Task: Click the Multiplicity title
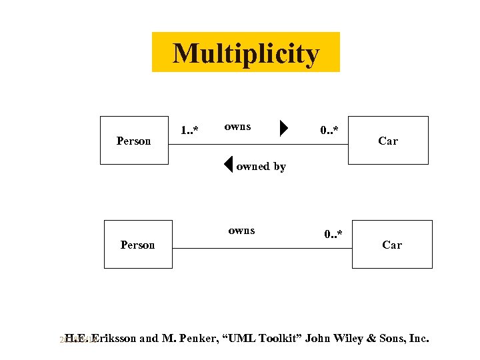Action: coord(246,53)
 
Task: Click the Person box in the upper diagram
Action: coord(134,140)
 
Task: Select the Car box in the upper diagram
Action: coord(388,140)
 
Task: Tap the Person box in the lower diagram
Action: coord(138,244)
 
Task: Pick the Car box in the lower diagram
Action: coord(392,244)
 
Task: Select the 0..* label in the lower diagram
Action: coord(333,234)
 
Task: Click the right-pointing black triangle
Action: coord(284,127)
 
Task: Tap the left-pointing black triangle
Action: coord(228,164)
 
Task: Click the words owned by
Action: coord(261,167)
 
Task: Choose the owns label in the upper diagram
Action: coord(237,126)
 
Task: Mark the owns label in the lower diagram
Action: coord(241,230)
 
